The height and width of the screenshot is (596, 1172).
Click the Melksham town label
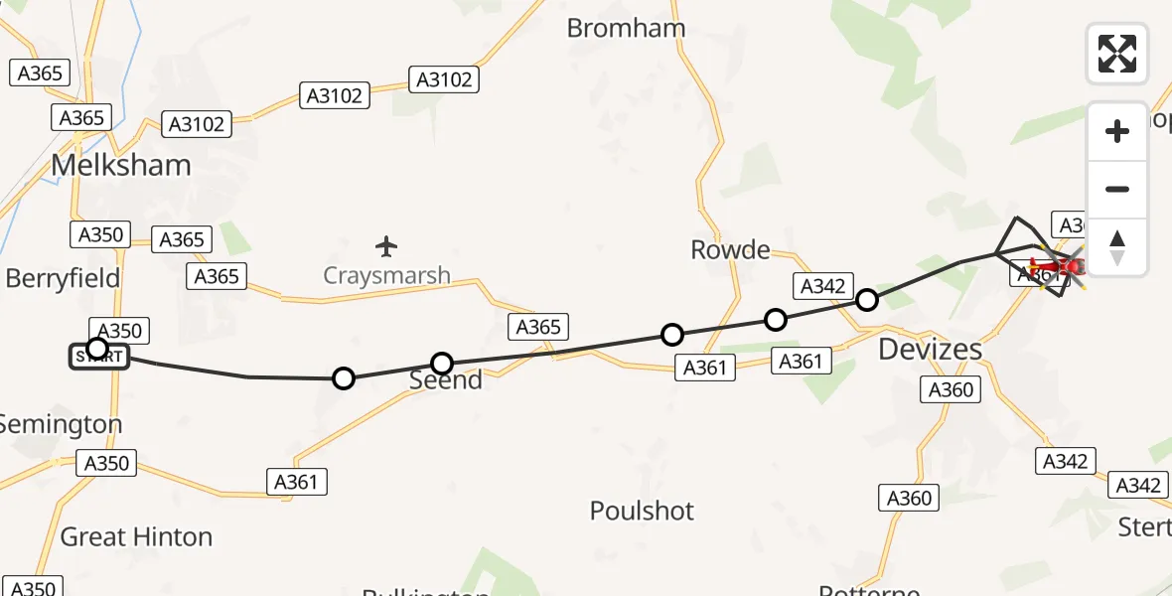120,165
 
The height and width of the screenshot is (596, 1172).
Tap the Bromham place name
626,28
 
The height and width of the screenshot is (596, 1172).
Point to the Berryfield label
63,278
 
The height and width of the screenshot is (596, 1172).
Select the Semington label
60,424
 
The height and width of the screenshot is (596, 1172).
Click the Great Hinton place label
136,537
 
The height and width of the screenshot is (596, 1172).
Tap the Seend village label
446,380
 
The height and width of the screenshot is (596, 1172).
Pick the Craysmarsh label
386,275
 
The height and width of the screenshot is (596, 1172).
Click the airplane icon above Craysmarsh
386,245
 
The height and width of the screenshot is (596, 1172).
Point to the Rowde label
730,250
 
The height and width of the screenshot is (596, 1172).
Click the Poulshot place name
642,512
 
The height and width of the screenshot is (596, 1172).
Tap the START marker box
99,357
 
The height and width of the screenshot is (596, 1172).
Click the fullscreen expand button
1117,53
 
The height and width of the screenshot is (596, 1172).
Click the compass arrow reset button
1117,247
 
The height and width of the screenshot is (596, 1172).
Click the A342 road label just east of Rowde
821,286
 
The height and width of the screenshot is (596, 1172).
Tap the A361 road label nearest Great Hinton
296,482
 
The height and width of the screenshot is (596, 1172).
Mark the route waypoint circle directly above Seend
442,364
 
